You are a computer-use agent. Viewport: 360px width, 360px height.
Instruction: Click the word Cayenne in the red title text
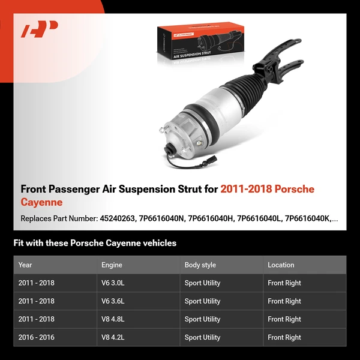41,203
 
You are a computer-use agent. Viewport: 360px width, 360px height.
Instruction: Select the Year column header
25,265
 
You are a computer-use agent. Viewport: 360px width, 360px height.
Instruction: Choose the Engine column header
112,265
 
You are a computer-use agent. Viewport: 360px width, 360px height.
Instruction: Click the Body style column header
200,265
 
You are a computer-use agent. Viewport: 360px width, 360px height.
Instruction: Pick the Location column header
281,265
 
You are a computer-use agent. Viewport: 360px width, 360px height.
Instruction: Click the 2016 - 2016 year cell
36,337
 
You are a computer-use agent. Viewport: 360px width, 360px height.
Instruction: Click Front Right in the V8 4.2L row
284,337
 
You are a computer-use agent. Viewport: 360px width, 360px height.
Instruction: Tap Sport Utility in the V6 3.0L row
202,283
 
